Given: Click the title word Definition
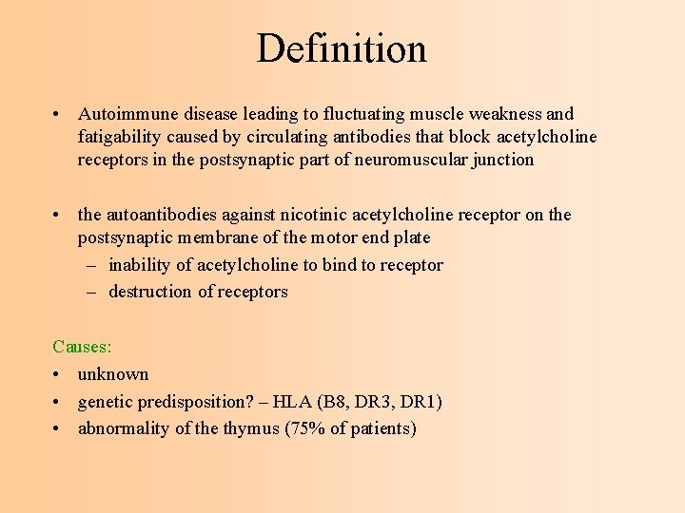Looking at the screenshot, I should pyautogui.click(x=342, y=48).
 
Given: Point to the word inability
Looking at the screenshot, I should pyautogui.click(x=141, y=265).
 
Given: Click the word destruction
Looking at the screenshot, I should pyautogui.click(x=150, y=292).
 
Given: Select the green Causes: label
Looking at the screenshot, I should pyautogui.click(x=82, y=347).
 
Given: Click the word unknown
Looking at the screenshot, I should pyautogui.click(x=113, y=374).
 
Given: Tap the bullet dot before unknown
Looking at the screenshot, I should pyautogui.click(x=58, y=374).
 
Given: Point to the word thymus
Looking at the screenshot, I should pyautogui.click(x=251, y=428).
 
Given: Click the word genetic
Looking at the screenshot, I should pyautogui.click(x=107, y=402).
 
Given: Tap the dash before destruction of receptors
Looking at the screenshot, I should pyautogui.click(x=92, y=292).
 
